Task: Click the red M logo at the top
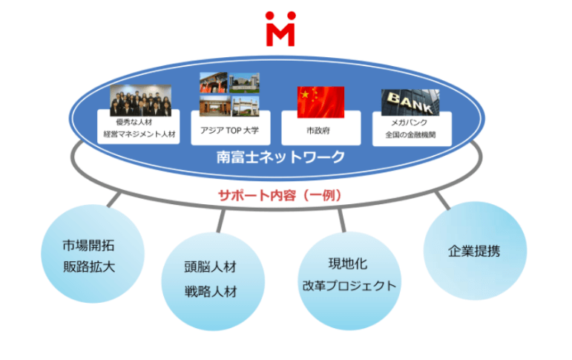click(x=280, y=29)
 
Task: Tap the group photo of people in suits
click(x=140, y=100)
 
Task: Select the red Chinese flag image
click(x=320, y=102)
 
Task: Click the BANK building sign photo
click(x=410, y=102)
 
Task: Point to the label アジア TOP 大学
click(x=229, y=131)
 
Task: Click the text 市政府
click(x=318, y=131)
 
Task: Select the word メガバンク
click(x=410, y=122)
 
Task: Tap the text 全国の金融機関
click(x=410, y=135)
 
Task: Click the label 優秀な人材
click(x=134, y=122)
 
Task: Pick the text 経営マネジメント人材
click(x=139, y=134)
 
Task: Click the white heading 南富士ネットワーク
click(x=280, y=157)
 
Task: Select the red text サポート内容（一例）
click(x=280, y=195)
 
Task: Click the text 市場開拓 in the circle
click(x=88, y=246)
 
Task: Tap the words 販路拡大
click(x=89, y=267)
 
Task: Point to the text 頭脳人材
click(x=211, y=267)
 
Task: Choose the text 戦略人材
click(x=211, y=292)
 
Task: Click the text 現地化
click(x=348, y=264)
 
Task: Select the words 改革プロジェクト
click(x=349, y=286)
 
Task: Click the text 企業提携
click(x=474, y=251)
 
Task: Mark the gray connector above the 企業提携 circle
click(x=443, y=200)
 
